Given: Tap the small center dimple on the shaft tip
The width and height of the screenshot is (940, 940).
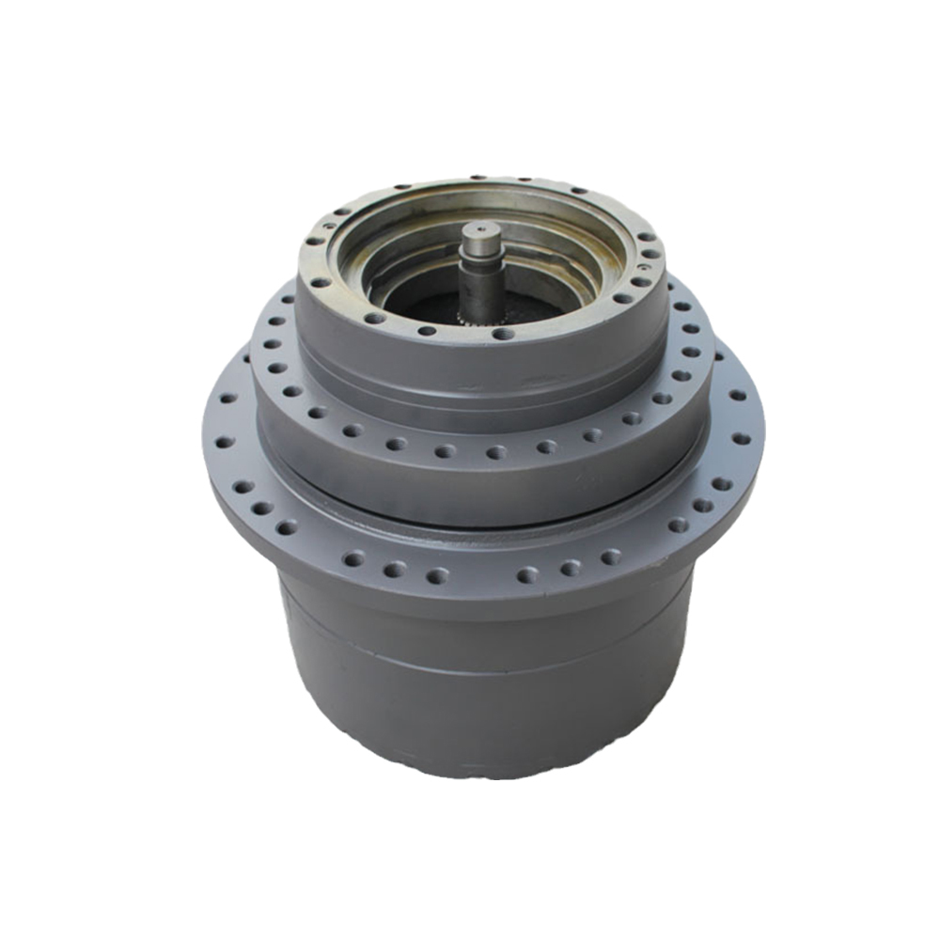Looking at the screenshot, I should click(482, 228).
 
